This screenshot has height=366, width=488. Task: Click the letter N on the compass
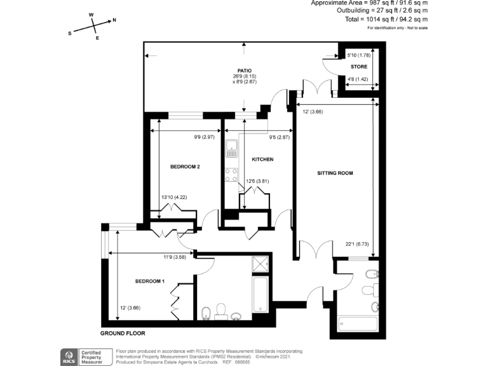tap(114, 20)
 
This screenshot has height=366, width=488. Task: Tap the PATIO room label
tap(245, 71)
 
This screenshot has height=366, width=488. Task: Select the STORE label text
tap(359, 66)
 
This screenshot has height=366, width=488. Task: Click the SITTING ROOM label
tap(335, 173)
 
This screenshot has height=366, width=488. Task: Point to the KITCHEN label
tap(262, 159)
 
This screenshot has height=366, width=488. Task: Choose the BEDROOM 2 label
tap(186, 166)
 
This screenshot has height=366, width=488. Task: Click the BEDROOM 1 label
tap(150, 281)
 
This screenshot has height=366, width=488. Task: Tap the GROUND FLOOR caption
tap(123, 333)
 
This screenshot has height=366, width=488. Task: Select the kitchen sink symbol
tap(232, 149)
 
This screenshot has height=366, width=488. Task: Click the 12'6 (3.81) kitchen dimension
tap(258, 182)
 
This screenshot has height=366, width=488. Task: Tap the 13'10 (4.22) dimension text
tap(174, 197)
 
